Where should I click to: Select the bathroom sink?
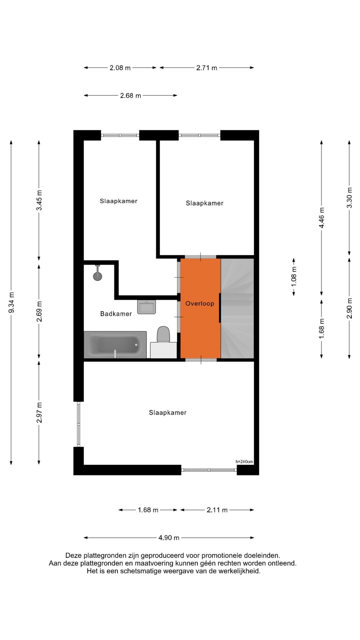click(147, 307)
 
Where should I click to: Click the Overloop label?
click(200, 303)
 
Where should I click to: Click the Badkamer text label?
click(116, 314)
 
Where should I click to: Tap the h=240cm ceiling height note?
click(244, 462)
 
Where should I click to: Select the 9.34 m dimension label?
click(11, 302)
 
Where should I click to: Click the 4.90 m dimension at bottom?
click(169, 538)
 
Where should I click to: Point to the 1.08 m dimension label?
click(294, 277)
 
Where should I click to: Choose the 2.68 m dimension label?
click(130, 96)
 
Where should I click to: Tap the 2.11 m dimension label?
click(217, 510)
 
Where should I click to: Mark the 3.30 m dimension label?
click(349, 198)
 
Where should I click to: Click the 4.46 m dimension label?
click(322, 218)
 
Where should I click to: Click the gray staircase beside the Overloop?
click(237, 308)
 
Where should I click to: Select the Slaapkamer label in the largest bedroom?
click(168, 413)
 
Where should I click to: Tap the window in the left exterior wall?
click(79, 424)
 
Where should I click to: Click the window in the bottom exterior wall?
click(209, 470)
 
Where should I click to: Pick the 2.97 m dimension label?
click(39, 413)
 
